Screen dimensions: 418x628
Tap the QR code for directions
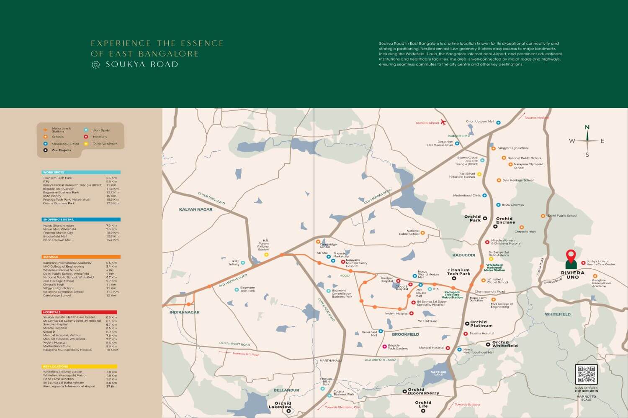[x=586, y=375]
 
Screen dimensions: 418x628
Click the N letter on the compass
[x=587, y=127]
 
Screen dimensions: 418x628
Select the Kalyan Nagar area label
[x=196, y=209]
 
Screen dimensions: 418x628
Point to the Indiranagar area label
[x=184, y=312]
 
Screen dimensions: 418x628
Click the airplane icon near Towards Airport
[x=443, y=122]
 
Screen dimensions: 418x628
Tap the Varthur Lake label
[x=438, y=373]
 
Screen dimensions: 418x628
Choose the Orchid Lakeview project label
[x=280, y=405]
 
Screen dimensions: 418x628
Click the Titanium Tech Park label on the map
[x=458, y=272]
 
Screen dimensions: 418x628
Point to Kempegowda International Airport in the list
[x=69, y=386]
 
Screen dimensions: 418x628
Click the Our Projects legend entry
[x=61, y=150]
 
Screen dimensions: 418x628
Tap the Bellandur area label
[x=286, y=390]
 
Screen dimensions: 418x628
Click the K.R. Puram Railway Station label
[x=263, y=245]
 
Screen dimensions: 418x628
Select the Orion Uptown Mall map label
[x=480, y=122]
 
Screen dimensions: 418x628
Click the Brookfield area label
[x=405, y=334]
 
